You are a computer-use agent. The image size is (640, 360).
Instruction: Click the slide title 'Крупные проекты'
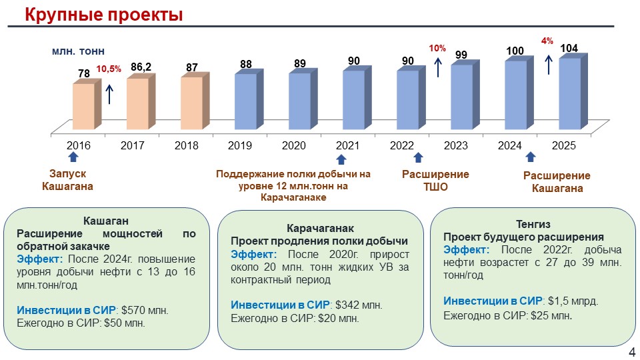tap(103, 14)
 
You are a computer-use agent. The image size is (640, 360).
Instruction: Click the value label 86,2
tap(141, 67)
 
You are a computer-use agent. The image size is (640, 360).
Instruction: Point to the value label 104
tap(569, 49)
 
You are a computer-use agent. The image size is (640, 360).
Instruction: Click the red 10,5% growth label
tap(109, 69)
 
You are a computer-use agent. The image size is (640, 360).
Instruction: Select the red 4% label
tap(547, 41)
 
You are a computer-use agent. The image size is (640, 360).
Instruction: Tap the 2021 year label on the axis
tap(347, 145)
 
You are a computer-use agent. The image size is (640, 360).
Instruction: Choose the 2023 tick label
tap(455, 145)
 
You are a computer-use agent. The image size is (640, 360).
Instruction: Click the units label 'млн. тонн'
tap(78, 51)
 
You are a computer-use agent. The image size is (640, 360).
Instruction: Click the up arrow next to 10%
tap(438, 67)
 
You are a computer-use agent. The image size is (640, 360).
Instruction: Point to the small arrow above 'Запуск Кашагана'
tap(73, 157)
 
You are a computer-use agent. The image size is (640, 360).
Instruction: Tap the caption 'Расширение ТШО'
tap(435, 181)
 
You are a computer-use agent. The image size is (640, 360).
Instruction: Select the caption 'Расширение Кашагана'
tap(557, 182)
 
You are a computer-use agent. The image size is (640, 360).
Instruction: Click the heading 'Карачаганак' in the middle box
tap(319, 228)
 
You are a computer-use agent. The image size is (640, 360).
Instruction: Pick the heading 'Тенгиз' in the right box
tap(533, 224)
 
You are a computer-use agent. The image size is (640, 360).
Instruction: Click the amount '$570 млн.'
tap(144, 310)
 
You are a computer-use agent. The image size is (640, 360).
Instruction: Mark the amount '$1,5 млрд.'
tap(572, 301)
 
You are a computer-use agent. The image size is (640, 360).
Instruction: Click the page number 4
tap(632, 351)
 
